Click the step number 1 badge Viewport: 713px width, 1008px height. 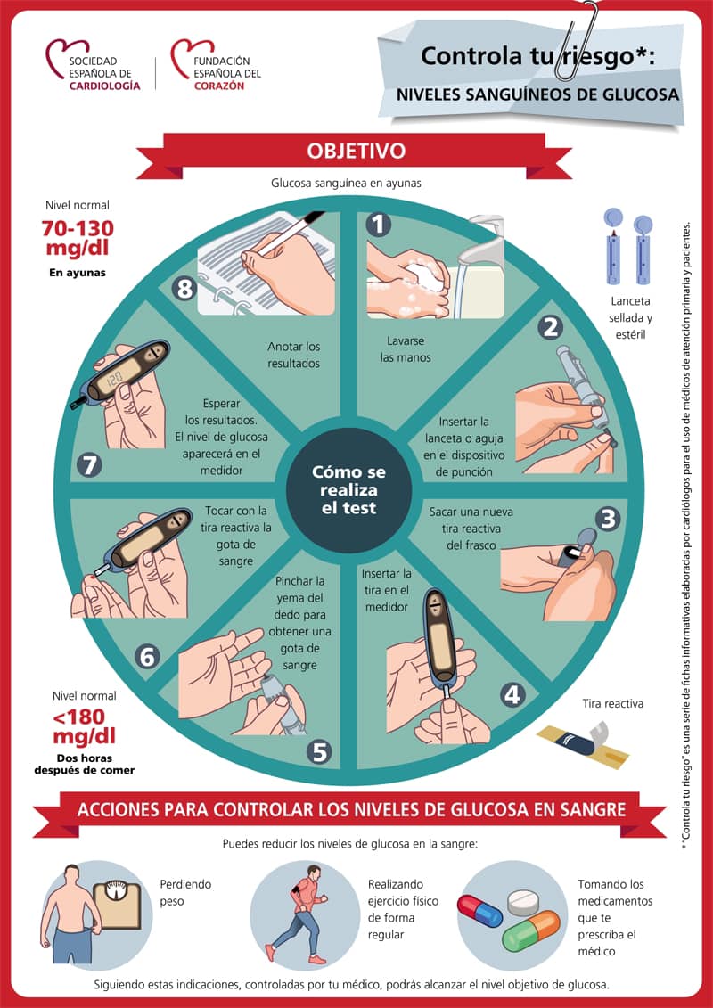click(x=378, y=225)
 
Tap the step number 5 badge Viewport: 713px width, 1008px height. click(x=319, y=750)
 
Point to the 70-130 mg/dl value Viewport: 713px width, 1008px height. click(x=78, y=237)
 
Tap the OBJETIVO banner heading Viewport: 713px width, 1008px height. click(x=356, y=151)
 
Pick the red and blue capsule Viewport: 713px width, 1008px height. click(x=479, y=911)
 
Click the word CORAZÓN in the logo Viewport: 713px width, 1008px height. click(x=219, y=86)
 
